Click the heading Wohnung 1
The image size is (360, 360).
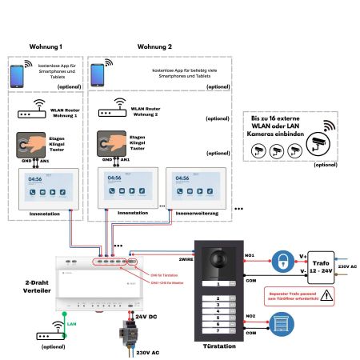coord(45,47)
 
